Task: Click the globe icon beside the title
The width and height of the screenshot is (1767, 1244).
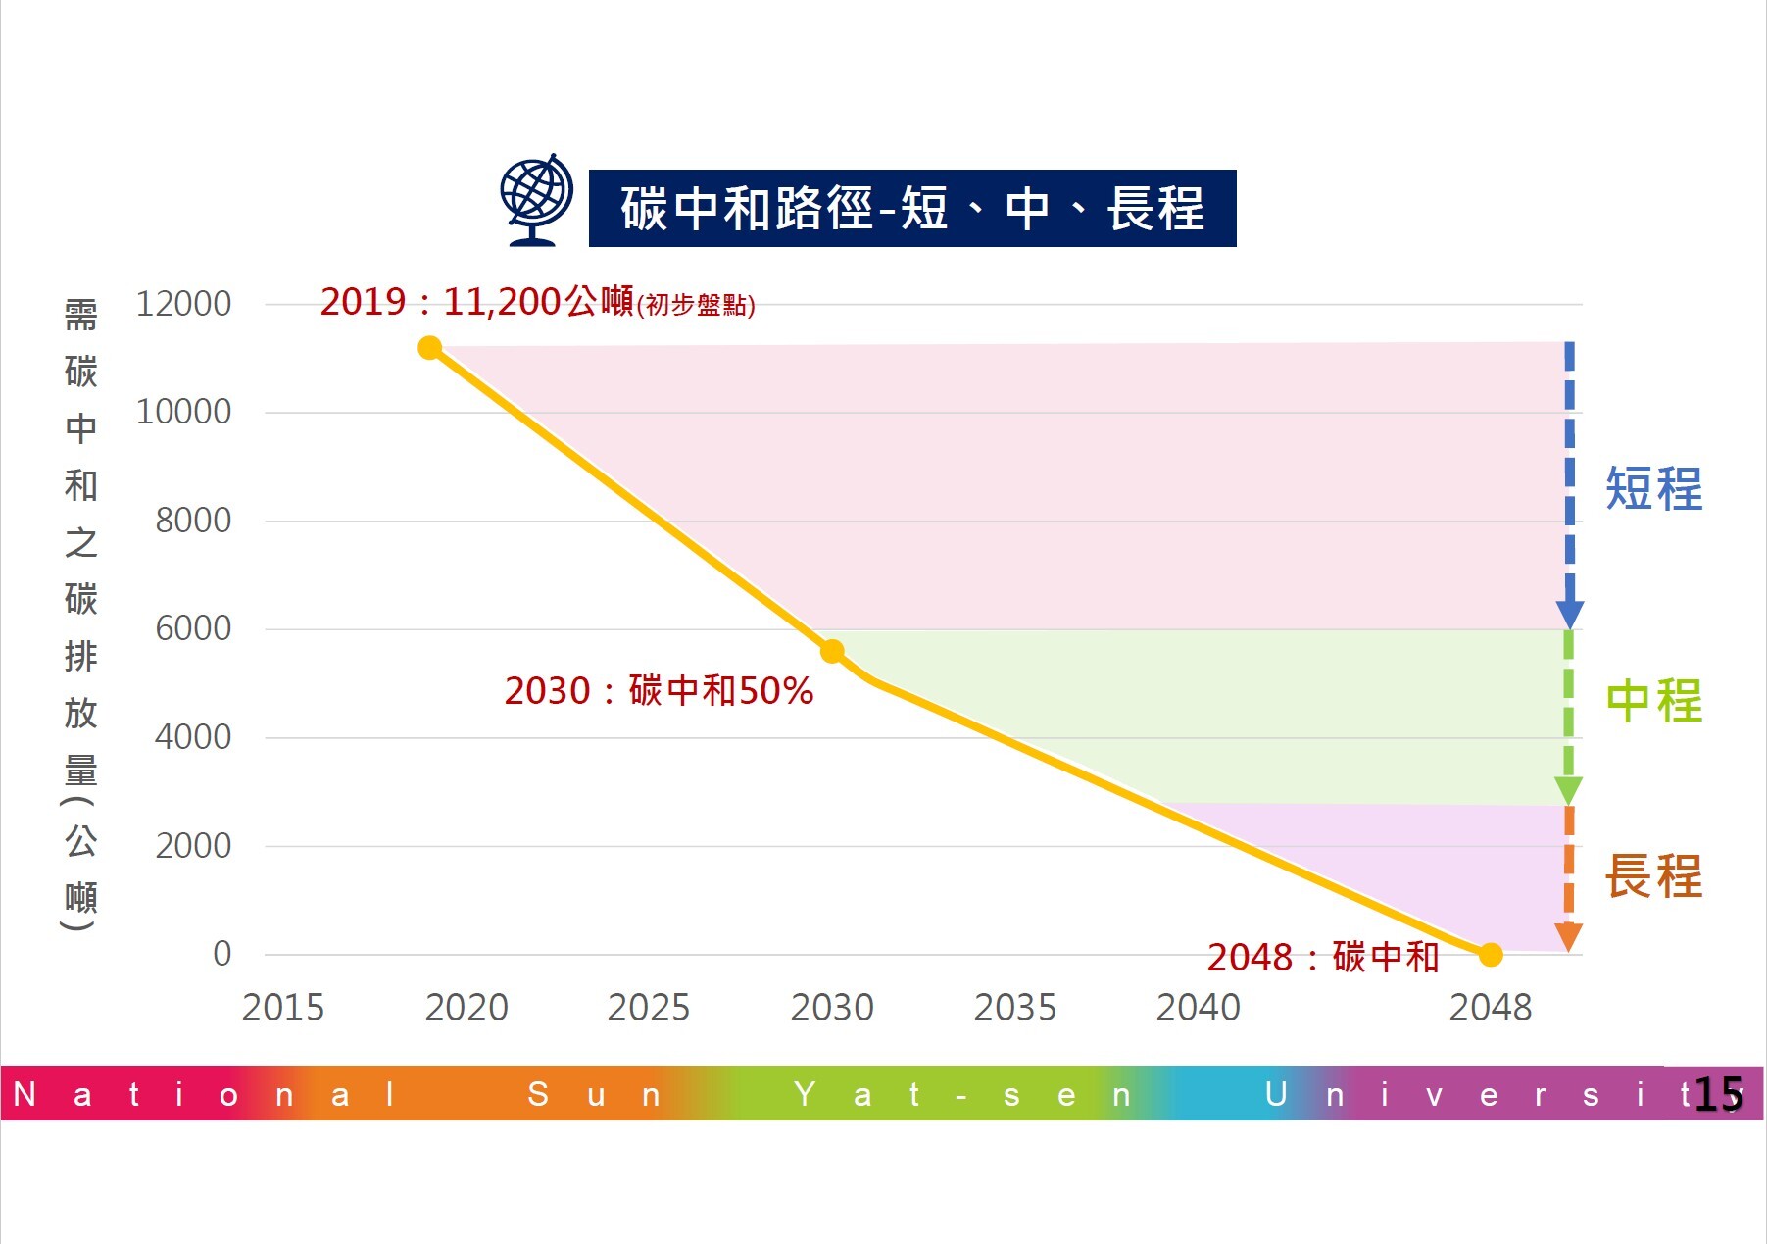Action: click(x=536, y=200)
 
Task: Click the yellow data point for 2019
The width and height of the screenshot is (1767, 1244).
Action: click(x=429, y=348)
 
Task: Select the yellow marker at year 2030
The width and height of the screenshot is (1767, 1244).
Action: click(x=832, y=651)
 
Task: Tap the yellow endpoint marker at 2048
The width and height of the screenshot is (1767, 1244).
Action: click(x=1491, y=955)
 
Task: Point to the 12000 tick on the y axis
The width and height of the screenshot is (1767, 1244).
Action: click(x=183, y=304)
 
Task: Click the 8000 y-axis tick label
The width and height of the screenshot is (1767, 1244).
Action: click(x=193, y=521)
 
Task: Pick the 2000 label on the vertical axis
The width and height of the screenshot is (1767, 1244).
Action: click(x=193, y=845)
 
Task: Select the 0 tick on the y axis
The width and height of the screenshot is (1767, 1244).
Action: click(x=222, y=954)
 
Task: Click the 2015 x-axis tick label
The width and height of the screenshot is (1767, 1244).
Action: click(x=282, y=1008)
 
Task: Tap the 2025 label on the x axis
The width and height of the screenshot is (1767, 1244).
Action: click(x=649, y=1008)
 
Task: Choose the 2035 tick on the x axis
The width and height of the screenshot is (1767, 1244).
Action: click(x=1014, y=1008)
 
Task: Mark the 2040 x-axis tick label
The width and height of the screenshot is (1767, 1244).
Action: click(x=1198, y=1008)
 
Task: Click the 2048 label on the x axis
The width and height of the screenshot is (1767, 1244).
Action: click(x=1490, y=1008)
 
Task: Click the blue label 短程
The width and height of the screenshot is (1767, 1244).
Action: click(x=1653, y=489)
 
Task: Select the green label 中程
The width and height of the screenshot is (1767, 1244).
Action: click(x=1653, y=701)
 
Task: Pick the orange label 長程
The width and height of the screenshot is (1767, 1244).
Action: click(x=1653, y=875)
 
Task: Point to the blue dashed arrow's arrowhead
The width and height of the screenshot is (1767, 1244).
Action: click(x=1569, y=615)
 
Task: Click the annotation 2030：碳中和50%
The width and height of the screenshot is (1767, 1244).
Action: click(x=659, y=691)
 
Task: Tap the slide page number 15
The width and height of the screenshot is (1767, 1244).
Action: click(x=1718, y=1094)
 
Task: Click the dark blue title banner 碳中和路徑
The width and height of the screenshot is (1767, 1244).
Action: click(x=911, y=209)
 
